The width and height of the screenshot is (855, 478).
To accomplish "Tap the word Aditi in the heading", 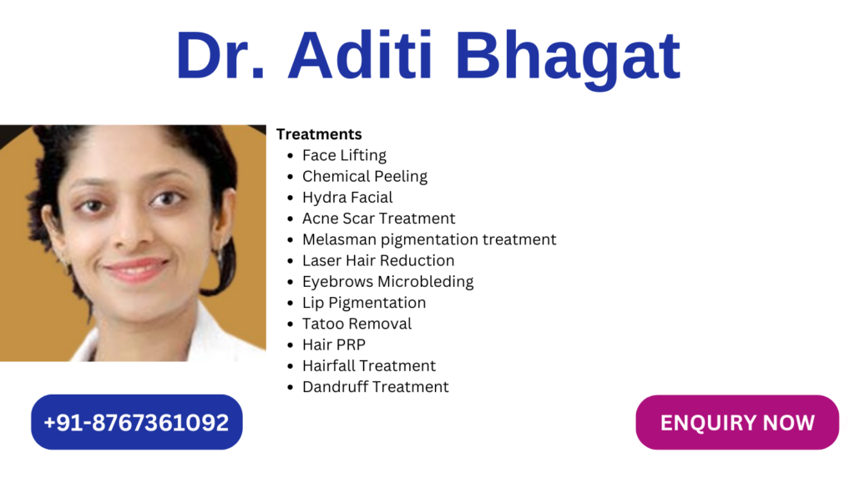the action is point(360,55).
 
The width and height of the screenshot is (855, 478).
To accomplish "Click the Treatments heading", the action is point(319,134).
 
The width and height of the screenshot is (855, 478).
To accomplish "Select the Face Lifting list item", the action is point(344,156).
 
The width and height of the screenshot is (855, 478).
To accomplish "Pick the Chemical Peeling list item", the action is point(365,177).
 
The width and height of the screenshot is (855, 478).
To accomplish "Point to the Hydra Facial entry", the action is point(347,198).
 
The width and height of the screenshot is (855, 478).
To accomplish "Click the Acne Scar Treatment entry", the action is point(378,219).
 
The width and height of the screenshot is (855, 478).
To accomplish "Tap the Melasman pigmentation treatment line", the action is point(429,239).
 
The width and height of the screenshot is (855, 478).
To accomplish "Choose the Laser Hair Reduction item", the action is point(378,260).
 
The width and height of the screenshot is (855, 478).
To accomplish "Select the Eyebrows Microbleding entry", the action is point(387,282).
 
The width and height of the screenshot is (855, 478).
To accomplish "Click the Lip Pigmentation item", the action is point(364,303).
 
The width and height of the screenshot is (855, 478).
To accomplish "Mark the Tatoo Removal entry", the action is point(357,324).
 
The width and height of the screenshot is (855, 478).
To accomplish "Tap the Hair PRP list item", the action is point(334,345).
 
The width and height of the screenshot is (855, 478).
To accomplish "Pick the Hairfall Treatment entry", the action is point(368,365).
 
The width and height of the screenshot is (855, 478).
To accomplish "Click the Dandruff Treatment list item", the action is point(375,387).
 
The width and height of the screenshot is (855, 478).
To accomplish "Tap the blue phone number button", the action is point(136,422).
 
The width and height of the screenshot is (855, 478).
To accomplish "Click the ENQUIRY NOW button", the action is point(737,422).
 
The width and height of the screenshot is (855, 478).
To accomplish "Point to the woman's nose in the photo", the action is point(129,229).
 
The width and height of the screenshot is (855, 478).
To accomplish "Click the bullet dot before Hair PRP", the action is point(290,345).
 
